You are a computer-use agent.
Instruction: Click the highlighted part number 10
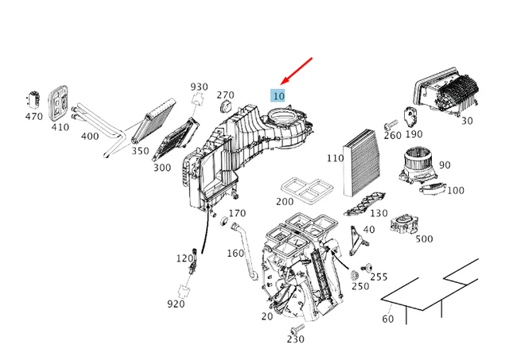[x=278, y=96]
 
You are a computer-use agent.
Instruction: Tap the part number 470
[x=33, y=116]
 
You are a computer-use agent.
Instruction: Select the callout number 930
[x=199, y=87]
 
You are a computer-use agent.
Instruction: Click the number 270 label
[x=225, y=95]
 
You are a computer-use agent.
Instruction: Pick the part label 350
[x=140, y=150]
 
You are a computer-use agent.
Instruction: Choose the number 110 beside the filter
[x=335, y=158]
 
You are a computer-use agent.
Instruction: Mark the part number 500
[x=424, y=238]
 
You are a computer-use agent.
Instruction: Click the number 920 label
[x=176, y=304]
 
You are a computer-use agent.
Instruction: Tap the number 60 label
[x=388, y=319]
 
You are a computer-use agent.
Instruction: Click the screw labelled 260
[x=390, y=125]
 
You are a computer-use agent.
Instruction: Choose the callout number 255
[x=379, y=277]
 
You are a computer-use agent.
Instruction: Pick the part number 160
[x=235, y=254]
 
